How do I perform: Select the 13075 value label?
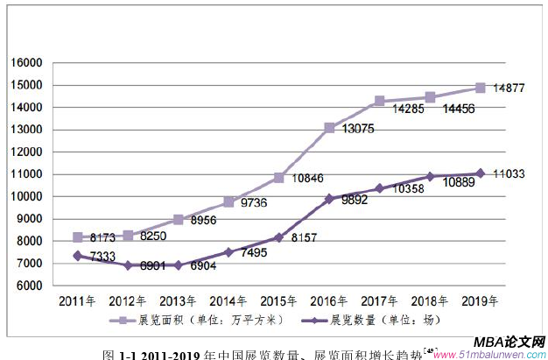pos(355,129)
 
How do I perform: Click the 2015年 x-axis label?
pos(278,300)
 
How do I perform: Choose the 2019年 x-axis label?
pos(480,300)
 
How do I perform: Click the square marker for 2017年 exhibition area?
pos(379,102)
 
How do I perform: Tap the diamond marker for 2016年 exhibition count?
pos(329,199)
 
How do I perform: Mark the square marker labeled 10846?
pos(278,178)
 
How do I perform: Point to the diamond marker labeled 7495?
pos(228,252)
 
